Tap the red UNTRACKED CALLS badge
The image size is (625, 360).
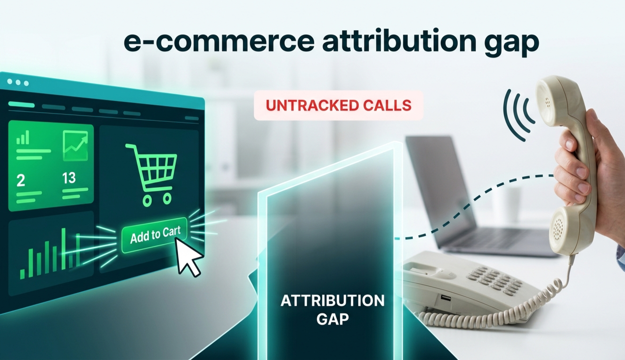(x=338, y=105)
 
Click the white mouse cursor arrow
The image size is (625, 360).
(x=189, y=257)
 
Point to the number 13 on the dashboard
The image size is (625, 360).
(x=69, y=178)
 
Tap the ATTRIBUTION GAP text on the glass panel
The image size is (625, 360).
(x=332, y=309)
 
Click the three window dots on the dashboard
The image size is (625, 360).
(x=18, y=82)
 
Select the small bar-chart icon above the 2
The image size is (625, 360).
(x=23, y=138)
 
